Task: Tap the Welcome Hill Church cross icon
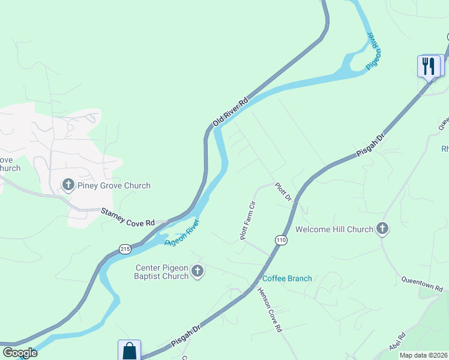pyautogui.click(x=382, y=229)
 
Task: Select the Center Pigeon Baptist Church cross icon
pyautogui.click(x=197, y=272)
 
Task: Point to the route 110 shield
pyautogui.click(x=280, y=240)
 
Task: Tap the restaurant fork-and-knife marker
pyautogui.click(x=429, y=65)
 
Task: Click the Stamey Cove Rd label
pyautogui.click(x=127, y=217)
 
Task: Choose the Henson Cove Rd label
pyautogui.click(x=270, y=310)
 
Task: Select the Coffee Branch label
pyautogui.click(x=287, y=278)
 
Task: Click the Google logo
pyautogui.click(x=20, y=353)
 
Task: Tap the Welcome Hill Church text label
pyautogui.click(x=334, y=229)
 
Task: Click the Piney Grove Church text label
pyautogui.click(x=114, y=185)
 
